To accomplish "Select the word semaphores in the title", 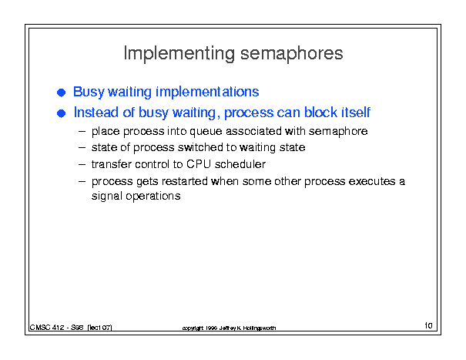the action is (292, 53).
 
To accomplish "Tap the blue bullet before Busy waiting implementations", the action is (61, 93).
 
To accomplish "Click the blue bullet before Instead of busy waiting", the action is (61, 113).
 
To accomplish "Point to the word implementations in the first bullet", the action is (207, 92).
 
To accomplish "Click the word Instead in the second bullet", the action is (96, 113).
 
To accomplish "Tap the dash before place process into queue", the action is (82, 131).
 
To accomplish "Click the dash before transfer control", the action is (82, 164).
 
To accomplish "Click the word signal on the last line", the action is (107, 197).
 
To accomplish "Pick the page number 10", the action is (428, 325).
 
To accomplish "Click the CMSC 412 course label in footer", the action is (47, 328).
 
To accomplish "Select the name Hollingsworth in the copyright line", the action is (259, 328).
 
